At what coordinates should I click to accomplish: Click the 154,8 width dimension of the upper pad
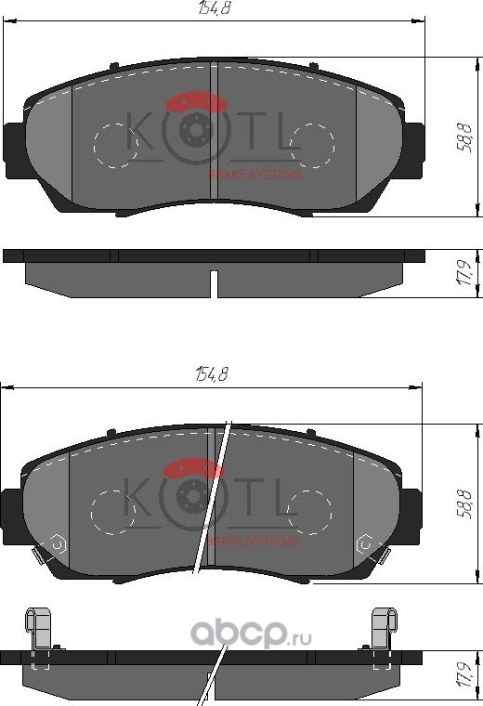tap(213, 9)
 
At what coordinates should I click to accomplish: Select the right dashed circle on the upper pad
tap(312, 145)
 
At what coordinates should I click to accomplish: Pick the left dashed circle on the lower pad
tap(115, 512)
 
